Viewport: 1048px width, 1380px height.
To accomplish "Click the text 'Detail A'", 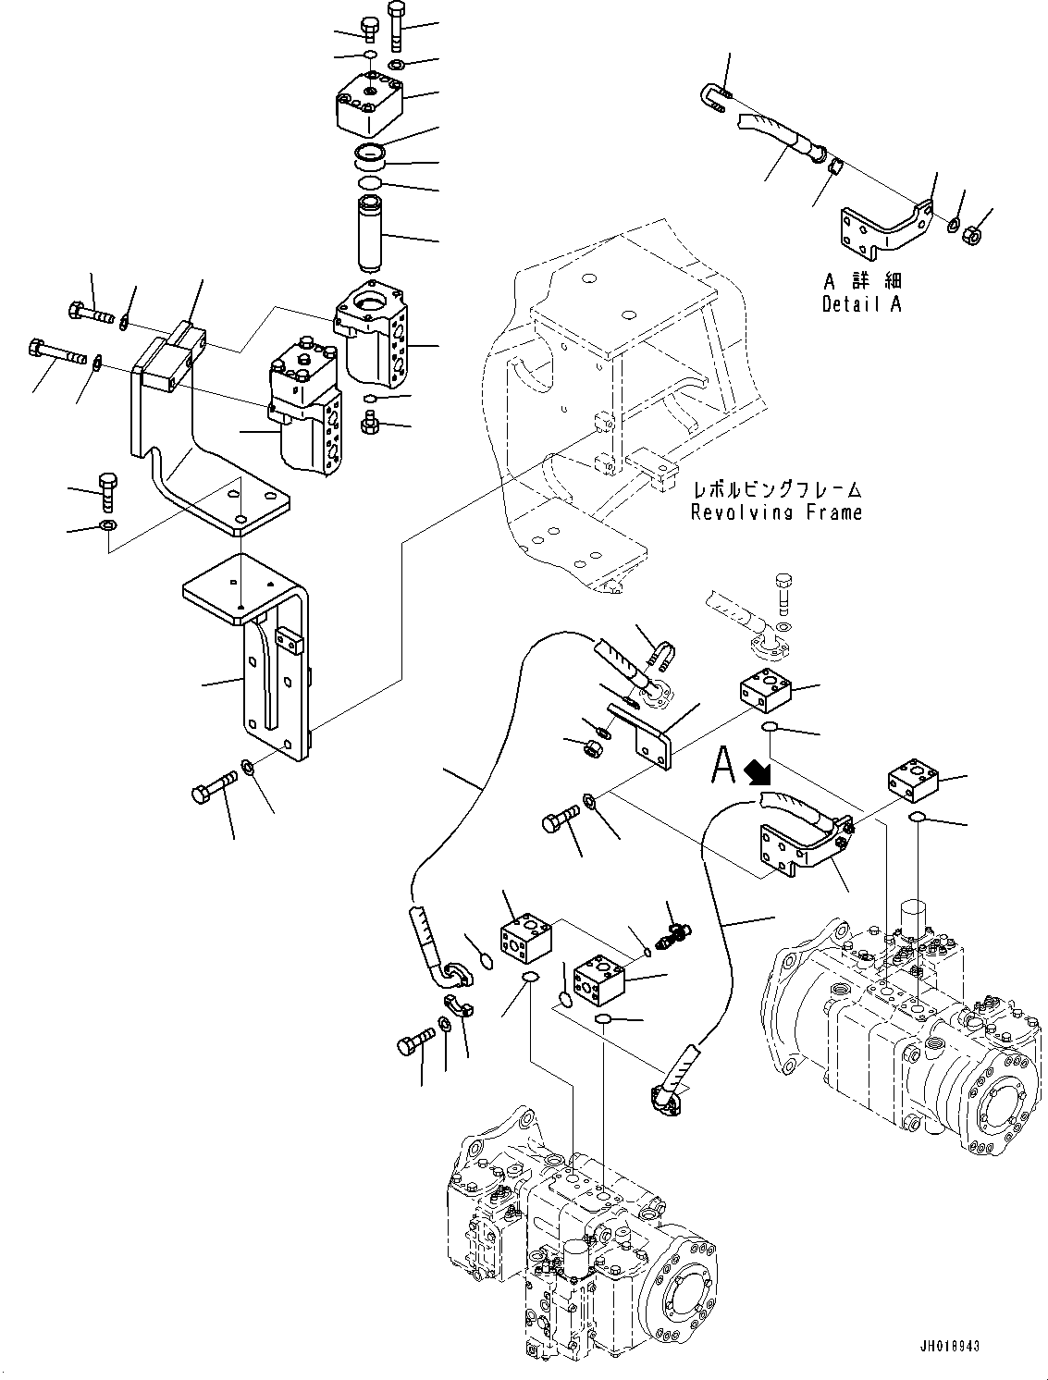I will pos(860,303).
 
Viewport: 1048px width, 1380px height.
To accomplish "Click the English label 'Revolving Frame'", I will pos(776,511).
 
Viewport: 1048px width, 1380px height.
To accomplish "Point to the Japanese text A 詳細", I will pos(862,281).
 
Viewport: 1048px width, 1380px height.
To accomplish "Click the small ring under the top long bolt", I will pos(396,64).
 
